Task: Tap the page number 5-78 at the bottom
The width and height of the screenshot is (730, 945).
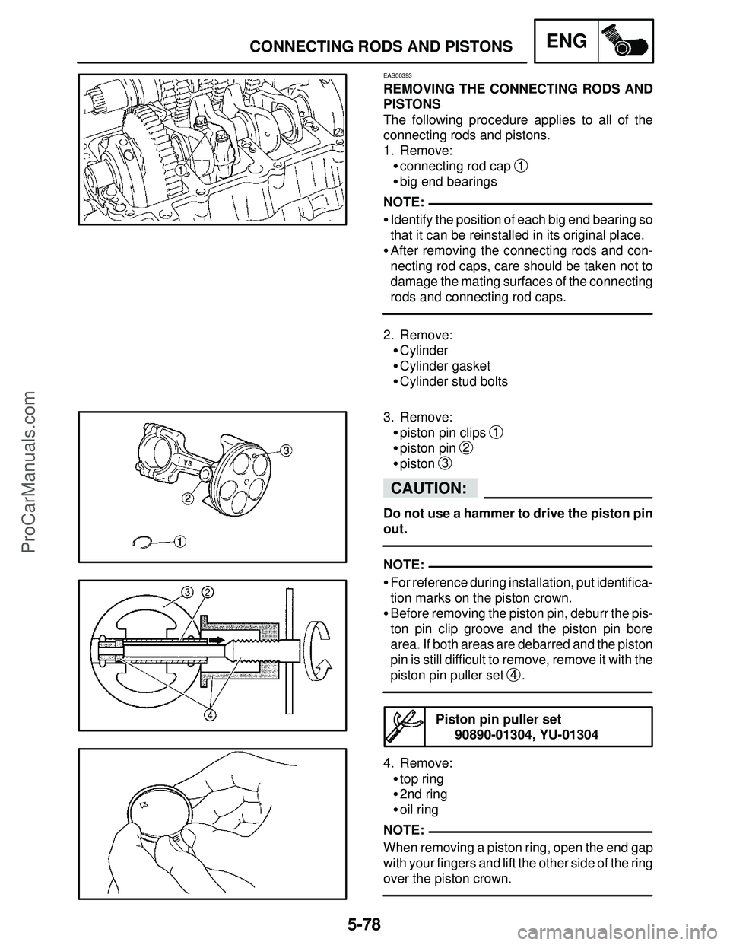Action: coord(364,926)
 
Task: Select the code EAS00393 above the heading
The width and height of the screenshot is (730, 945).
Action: coord(398,76)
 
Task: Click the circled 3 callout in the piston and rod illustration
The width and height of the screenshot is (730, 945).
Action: coord(286,450)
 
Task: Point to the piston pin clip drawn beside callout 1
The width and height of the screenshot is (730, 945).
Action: coord(142,541)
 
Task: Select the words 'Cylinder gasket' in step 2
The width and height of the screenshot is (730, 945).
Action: coord(445,366)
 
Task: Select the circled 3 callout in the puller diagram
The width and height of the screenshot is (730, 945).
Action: coord(186,592)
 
